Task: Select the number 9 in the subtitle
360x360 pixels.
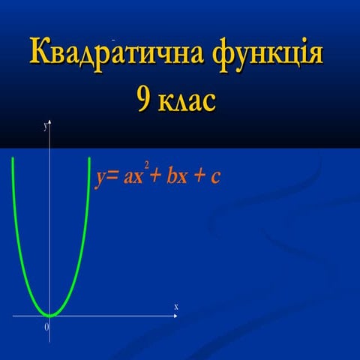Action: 143,100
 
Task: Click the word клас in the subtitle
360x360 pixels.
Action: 190,100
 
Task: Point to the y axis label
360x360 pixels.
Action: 46,128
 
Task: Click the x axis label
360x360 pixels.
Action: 176,307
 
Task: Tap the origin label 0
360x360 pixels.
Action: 46,327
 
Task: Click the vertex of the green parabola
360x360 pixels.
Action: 50,315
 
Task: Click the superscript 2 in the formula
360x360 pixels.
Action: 146,165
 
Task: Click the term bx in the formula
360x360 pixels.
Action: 178,178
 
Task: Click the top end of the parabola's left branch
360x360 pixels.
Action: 13,160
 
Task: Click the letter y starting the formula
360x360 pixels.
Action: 99,180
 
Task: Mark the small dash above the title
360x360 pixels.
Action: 112,37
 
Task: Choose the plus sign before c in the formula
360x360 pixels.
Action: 199,179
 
